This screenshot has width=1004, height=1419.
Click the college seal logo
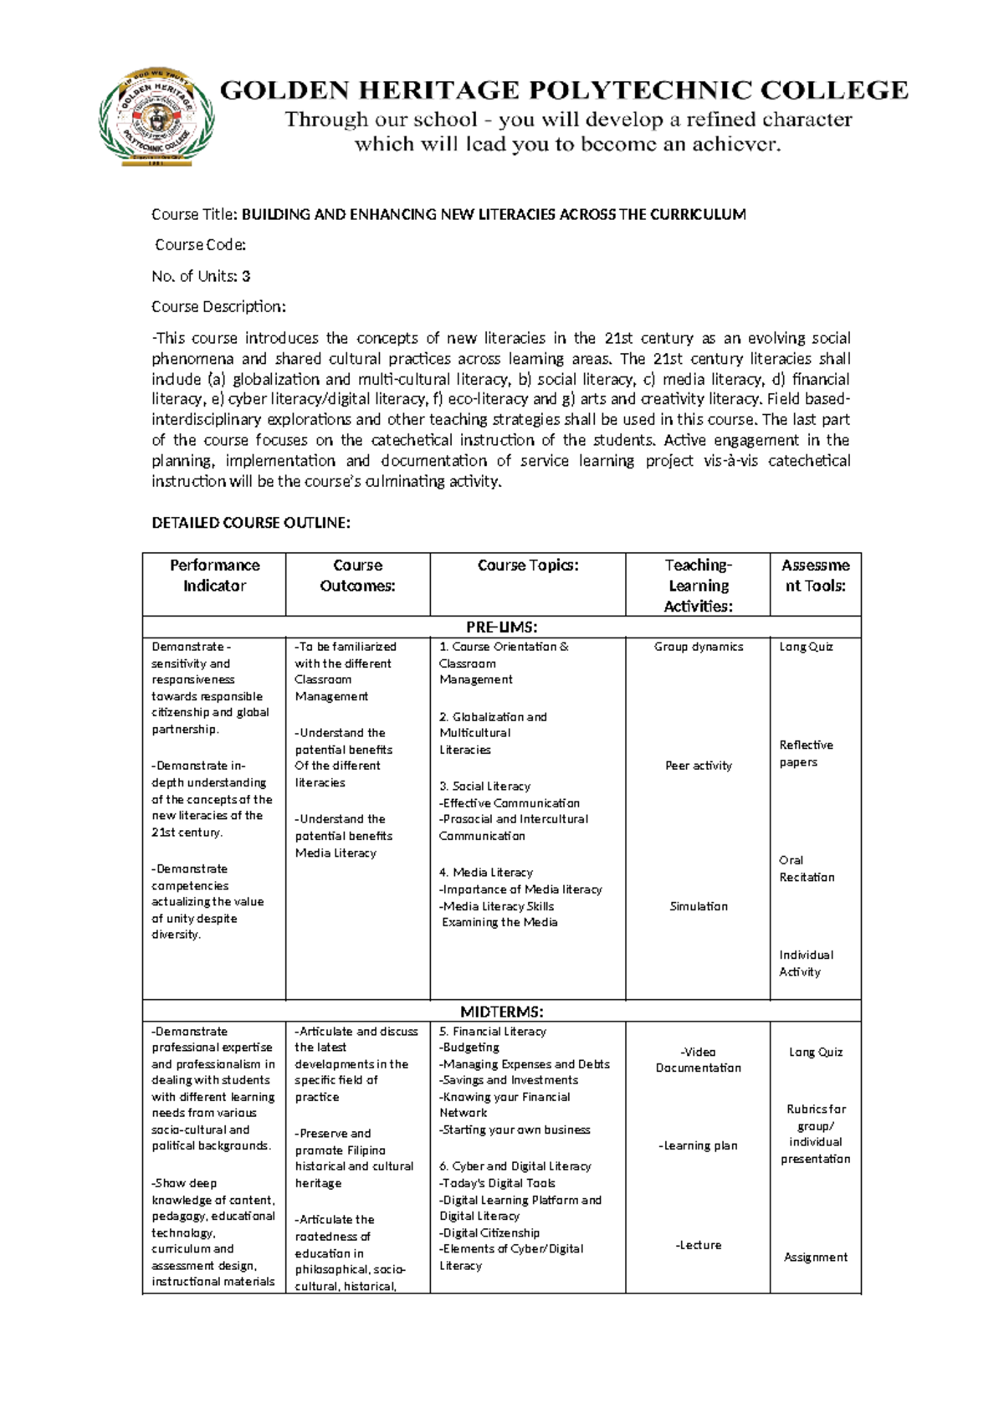156,118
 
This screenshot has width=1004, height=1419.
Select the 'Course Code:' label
200,245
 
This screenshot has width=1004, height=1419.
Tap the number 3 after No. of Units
246,276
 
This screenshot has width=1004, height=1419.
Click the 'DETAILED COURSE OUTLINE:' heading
250,523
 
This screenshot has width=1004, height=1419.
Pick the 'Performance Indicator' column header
214,576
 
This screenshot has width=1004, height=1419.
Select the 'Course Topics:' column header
527,566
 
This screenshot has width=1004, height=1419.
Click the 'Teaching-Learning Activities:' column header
698,586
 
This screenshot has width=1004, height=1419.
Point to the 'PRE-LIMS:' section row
501,628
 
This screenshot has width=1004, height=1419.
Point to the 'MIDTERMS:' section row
501,1012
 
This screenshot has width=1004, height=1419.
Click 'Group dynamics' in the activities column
698,647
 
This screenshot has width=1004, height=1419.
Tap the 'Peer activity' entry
698,766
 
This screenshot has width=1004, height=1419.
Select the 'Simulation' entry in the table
698,906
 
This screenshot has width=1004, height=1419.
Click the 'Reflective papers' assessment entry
805,754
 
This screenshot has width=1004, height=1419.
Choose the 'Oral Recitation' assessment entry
806,868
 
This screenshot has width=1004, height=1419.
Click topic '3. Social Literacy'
484,786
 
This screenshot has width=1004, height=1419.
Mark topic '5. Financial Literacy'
492,1032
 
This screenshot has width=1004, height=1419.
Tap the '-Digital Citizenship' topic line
489,1233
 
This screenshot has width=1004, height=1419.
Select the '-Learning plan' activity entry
698,1146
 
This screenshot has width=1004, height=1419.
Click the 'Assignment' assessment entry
815,1258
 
